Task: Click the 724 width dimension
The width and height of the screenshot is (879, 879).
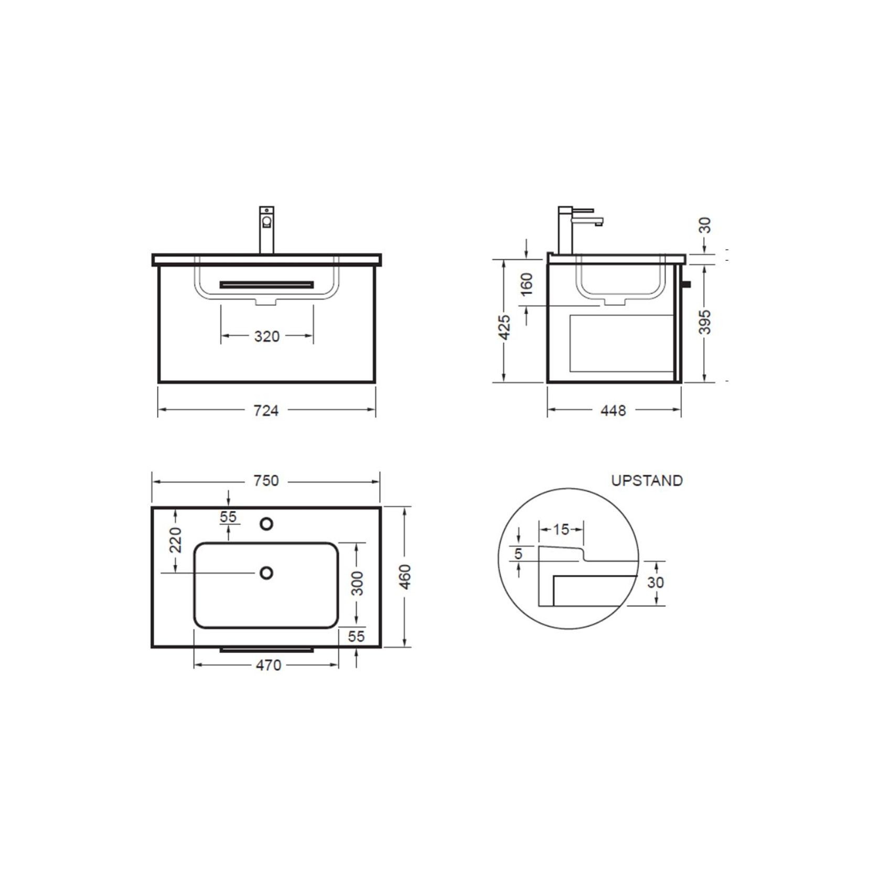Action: pos(266,410)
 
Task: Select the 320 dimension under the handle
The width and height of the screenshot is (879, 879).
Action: pos(266,336)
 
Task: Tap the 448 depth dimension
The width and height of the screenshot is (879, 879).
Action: pos(613,410)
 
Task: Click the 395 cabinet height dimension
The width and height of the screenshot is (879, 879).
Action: pos(706,322)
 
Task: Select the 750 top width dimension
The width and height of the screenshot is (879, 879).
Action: pos(266,480)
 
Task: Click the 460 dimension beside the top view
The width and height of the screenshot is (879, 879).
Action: pos(405,577)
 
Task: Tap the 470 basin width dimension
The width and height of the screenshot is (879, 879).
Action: pos(268,666)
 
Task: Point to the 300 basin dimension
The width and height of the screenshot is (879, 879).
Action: pos(357,583)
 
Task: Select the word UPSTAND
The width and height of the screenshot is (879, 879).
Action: pos(647,480)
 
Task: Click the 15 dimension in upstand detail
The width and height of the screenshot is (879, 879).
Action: pos(561,529)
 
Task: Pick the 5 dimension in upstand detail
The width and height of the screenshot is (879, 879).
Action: pos(518,554)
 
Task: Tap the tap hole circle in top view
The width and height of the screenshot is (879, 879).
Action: pos(266,523)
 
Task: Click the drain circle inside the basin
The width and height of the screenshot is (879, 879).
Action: pos(266,573)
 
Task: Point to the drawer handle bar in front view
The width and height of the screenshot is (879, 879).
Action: pos(266,285)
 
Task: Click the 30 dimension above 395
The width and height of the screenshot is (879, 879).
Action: pos(706,226)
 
